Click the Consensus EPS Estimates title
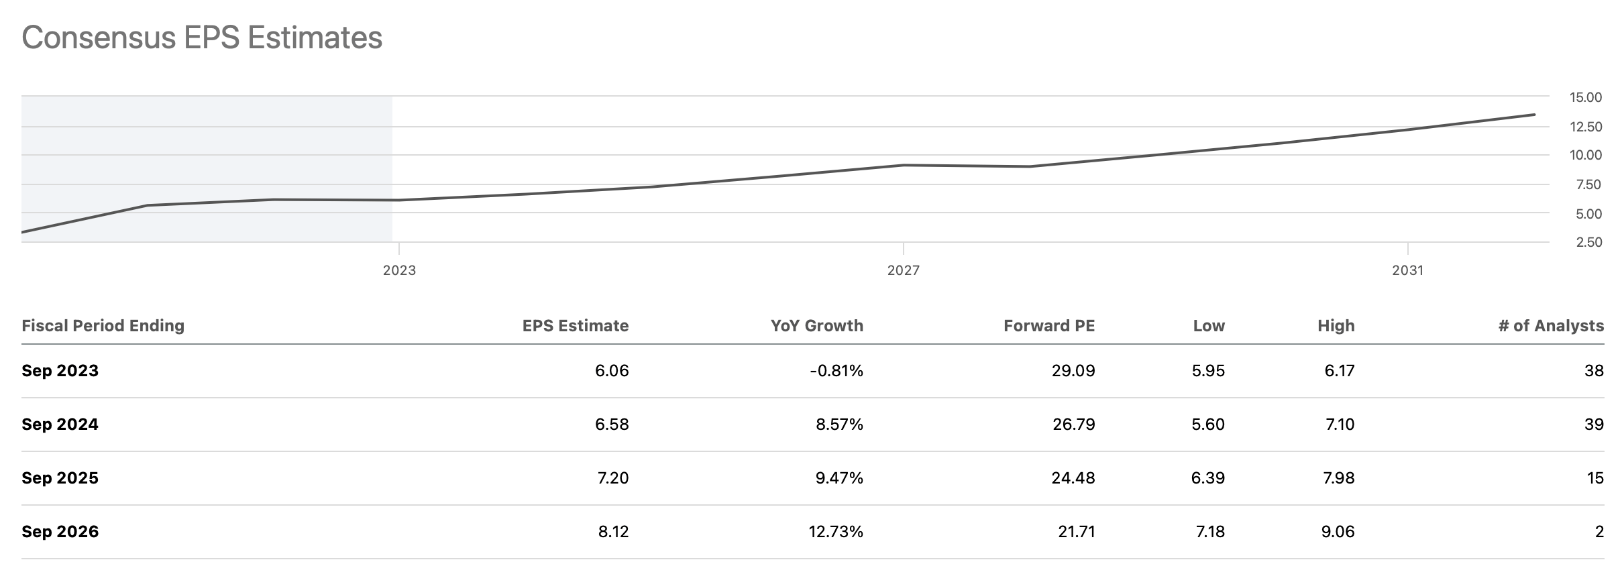pos(202,38)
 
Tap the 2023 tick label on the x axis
pos(399,270)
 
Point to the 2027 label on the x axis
pos(904,270)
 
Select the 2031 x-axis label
pos(1407,270)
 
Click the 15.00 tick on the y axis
pos(1585,97)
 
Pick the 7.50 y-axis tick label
pos(1585,184)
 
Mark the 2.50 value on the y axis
pos(1585,242)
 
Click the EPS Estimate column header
pos(576,326)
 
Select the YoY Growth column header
pos(816,326)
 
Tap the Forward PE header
pos(1049,326)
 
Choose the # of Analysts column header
pos(1551,326)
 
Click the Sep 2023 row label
pos(60,371)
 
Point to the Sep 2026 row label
pos(60,532)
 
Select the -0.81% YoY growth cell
pos(836,371)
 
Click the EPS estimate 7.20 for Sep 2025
pos(612,478)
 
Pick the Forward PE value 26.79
pos(1073,425)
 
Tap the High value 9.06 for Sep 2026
pos(1339,532)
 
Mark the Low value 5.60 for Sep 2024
pos(1208,425)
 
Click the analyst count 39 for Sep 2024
pos(1594,425)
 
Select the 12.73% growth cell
pos(836,532)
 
